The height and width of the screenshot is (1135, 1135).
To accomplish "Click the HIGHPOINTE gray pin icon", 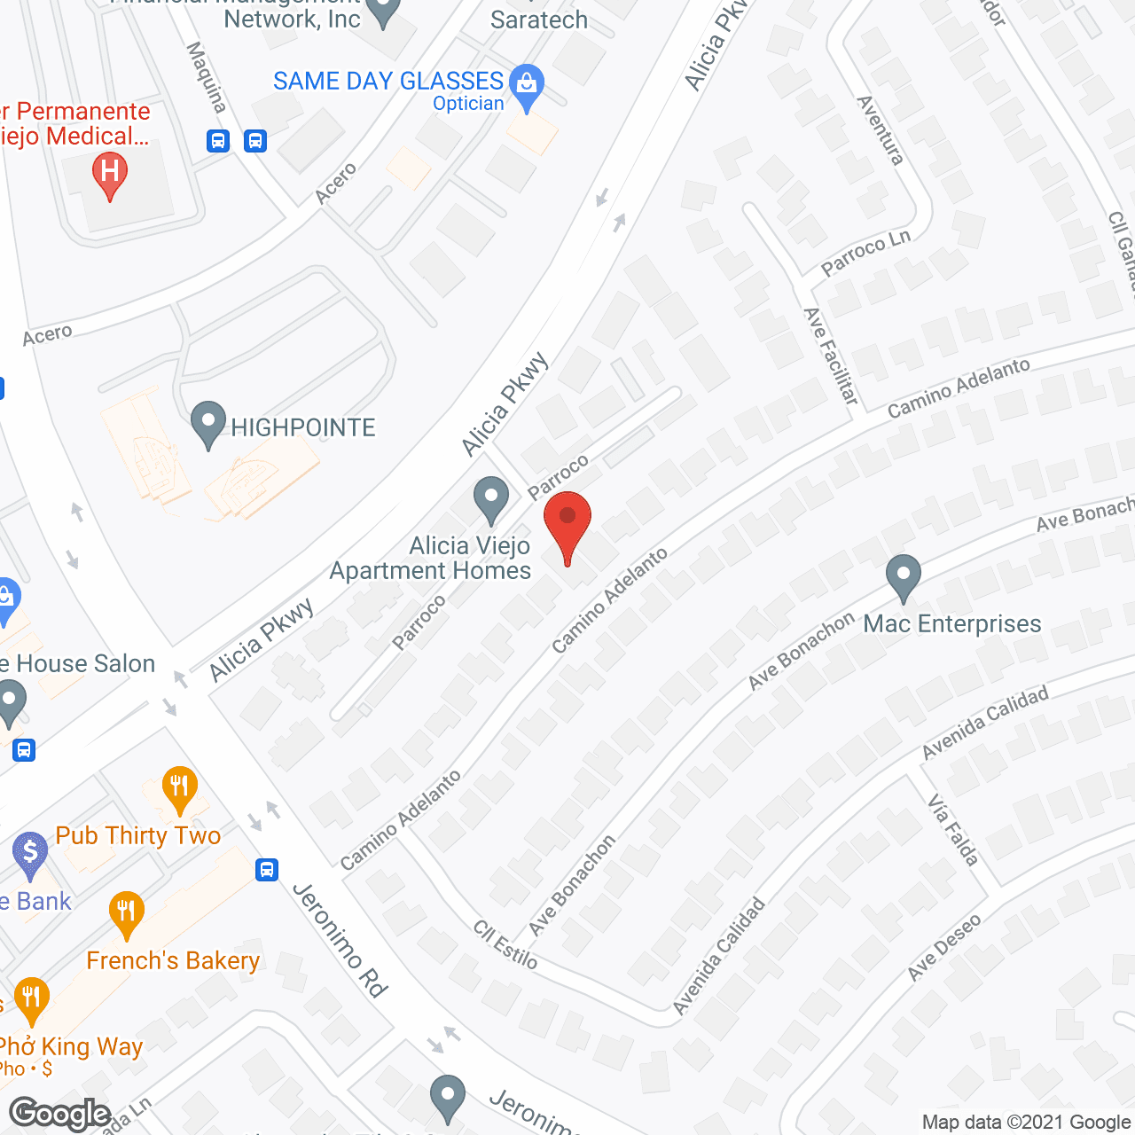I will click(x=208, y=424).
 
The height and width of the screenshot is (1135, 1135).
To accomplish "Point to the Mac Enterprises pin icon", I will click(x=903, y=577).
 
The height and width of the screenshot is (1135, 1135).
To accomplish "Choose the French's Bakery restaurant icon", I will click(x=127, y=913).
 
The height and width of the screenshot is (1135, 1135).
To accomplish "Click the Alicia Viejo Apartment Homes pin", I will click(x=490, y=499).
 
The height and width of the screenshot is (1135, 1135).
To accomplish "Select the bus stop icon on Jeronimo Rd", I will click(x=267, y=870).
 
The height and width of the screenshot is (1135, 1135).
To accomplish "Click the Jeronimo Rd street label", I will click(x=340, y=940).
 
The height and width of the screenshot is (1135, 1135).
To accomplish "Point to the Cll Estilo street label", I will click(x=505, y=944).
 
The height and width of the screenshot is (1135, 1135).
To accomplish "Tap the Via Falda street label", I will click(x=953, y=831).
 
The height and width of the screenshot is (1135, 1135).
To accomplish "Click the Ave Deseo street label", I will click(x=944, y=947).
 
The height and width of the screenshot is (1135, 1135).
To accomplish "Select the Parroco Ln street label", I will click(x=865, y=254).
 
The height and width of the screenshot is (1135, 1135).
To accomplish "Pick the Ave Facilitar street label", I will click(x=831, y=356).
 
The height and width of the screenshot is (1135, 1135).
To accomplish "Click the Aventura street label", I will click(x=881, y=130).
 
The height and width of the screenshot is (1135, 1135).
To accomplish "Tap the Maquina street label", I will click(x=207, y=77).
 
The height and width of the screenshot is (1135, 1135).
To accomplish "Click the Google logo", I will click(x=59, y=1114).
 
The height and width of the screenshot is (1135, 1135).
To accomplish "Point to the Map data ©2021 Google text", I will click(x=1026, y=1123).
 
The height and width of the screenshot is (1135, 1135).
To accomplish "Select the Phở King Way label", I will click(x=71, y=1047).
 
